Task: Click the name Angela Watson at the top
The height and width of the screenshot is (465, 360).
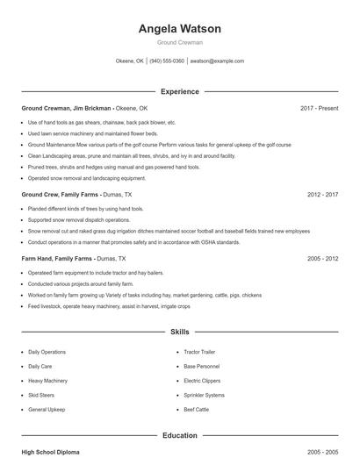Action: (179, 28)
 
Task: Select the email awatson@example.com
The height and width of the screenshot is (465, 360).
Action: (217, 61)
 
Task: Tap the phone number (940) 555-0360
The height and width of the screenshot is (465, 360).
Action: (167, 61)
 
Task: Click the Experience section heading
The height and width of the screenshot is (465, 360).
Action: (179, 91)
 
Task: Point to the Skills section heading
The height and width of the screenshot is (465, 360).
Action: (179, 333)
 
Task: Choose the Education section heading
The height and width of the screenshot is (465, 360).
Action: (179, 434)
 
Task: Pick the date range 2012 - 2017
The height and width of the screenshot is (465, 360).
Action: (322, 194)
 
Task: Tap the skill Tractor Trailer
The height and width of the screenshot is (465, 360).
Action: (200, 352)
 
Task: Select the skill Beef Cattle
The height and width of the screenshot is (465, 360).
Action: (197, 410)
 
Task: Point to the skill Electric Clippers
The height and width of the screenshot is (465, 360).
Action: (203, 381)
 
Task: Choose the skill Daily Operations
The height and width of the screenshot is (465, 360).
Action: (47, 352)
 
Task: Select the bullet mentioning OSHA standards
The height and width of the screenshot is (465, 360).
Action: (133, 241)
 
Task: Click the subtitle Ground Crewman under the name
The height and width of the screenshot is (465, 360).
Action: (179, 42)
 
